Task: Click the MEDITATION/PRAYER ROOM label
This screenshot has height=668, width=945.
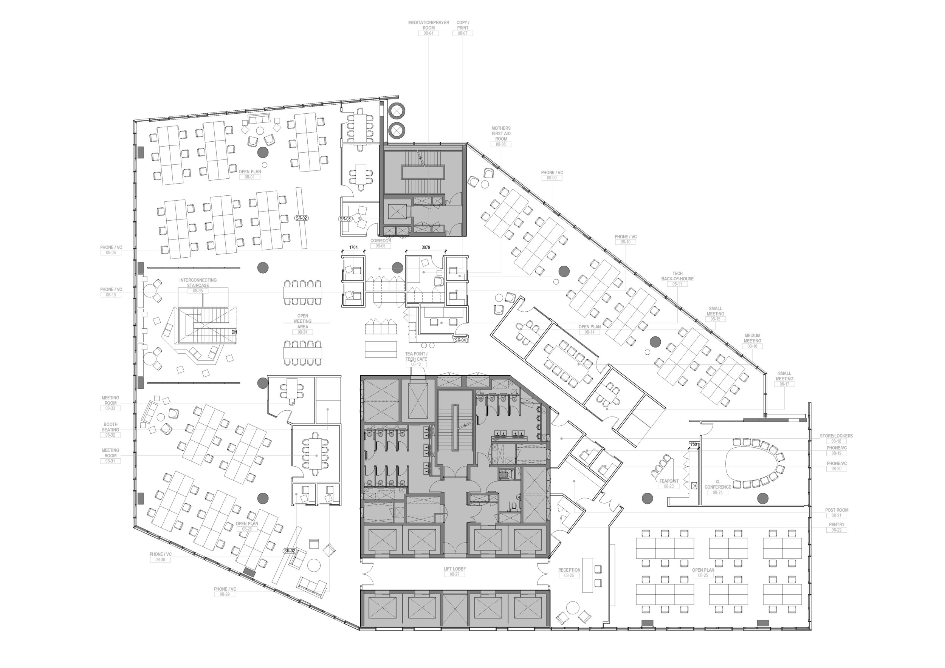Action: (428, 25)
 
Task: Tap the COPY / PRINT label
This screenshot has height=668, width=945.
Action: (463, 25)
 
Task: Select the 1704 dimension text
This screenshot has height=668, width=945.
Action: (353, 247)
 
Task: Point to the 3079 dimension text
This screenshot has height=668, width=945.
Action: (426, 247)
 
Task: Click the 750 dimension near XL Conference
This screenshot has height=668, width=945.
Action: (694, 445)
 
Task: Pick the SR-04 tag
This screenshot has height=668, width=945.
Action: (460, 340)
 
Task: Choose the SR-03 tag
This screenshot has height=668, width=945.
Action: (345, 219)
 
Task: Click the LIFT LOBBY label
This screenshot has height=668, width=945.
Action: (455, 569)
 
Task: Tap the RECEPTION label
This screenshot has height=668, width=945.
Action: (569, 570)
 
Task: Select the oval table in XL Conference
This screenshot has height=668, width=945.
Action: (754, 462)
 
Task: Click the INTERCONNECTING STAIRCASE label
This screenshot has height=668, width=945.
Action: (198, 283)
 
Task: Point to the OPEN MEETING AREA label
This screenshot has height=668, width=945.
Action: (302, 321)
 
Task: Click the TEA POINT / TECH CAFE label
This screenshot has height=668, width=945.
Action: (416, 356)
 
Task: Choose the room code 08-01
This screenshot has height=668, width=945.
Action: (250, 177)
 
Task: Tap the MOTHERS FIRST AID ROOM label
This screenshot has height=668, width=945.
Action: (501, 134)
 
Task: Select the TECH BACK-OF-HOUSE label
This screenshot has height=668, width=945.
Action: (677, 276)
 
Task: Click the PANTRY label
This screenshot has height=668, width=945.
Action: (837, 524)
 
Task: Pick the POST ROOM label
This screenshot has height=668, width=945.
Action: (837, 510)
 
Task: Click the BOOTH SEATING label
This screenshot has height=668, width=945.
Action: (110, 427)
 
